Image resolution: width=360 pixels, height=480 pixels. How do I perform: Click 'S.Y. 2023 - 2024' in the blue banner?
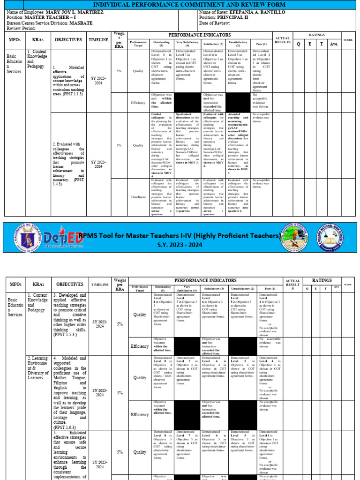[x=180, y=245]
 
